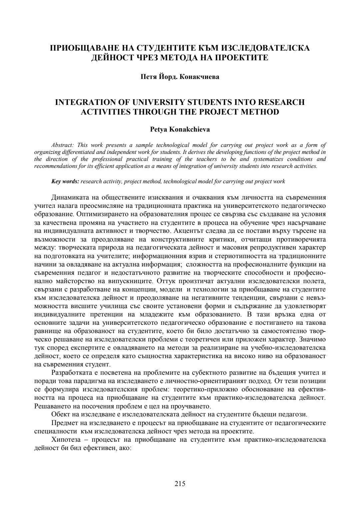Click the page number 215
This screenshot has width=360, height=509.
[180, 484]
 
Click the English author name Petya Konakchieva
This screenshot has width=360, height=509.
[180, 130]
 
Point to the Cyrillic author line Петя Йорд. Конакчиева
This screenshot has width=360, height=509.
[180, 77]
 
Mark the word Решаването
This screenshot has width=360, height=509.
[51, 406]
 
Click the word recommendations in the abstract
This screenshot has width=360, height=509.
[54, 166]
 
